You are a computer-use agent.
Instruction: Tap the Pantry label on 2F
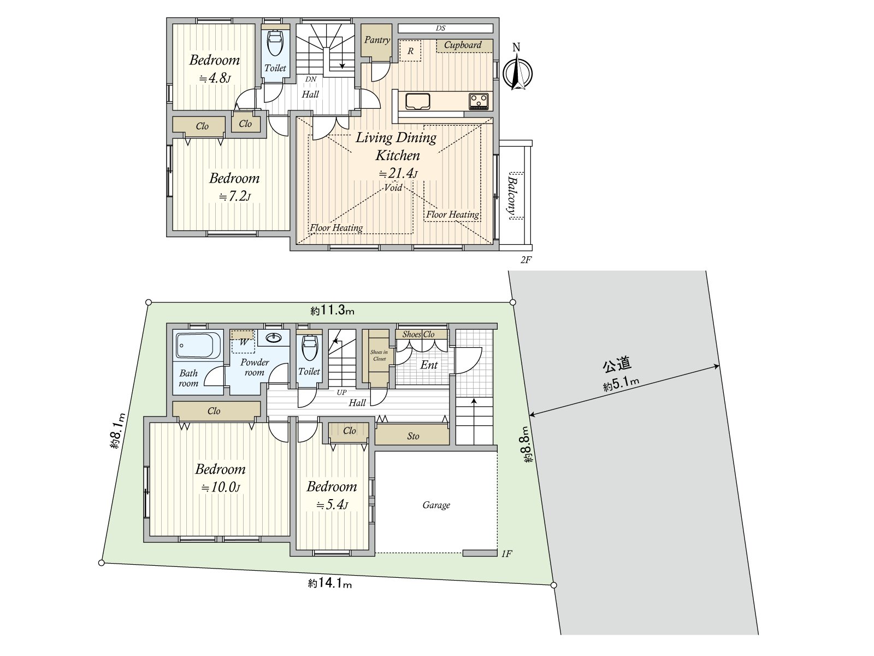coord(377,40)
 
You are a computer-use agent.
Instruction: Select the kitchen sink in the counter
coord(418,101)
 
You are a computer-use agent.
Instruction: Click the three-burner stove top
coord(479,101)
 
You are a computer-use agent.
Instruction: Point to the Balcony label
coord(513,196)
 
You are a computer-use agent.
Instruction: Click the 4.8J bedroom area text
coord(215,78)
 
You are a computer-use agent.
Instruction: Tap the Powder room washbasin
coord(274,338)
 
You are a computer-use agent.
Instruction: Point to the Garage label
coord(436,505)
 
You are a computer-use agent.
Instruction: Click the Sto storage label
coord(413,436)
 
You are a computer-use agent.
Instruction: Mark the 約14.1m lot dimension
coord(330,584)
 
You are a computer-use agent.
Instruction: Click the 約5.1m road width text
coord(621,383)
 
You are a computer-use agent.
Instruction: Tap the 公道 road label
coord(617,364)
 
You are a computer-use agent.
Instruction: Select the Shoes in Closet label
coord(379,355)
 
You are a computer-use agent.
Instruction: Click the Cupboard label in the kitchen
coord(463,45)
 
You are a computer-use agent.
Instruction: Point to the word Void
coord(393,188)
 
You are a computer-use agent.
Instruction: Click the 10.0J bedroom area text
coord(221,488)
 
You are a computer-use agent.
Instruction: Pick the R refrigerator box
coord(411,51)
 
